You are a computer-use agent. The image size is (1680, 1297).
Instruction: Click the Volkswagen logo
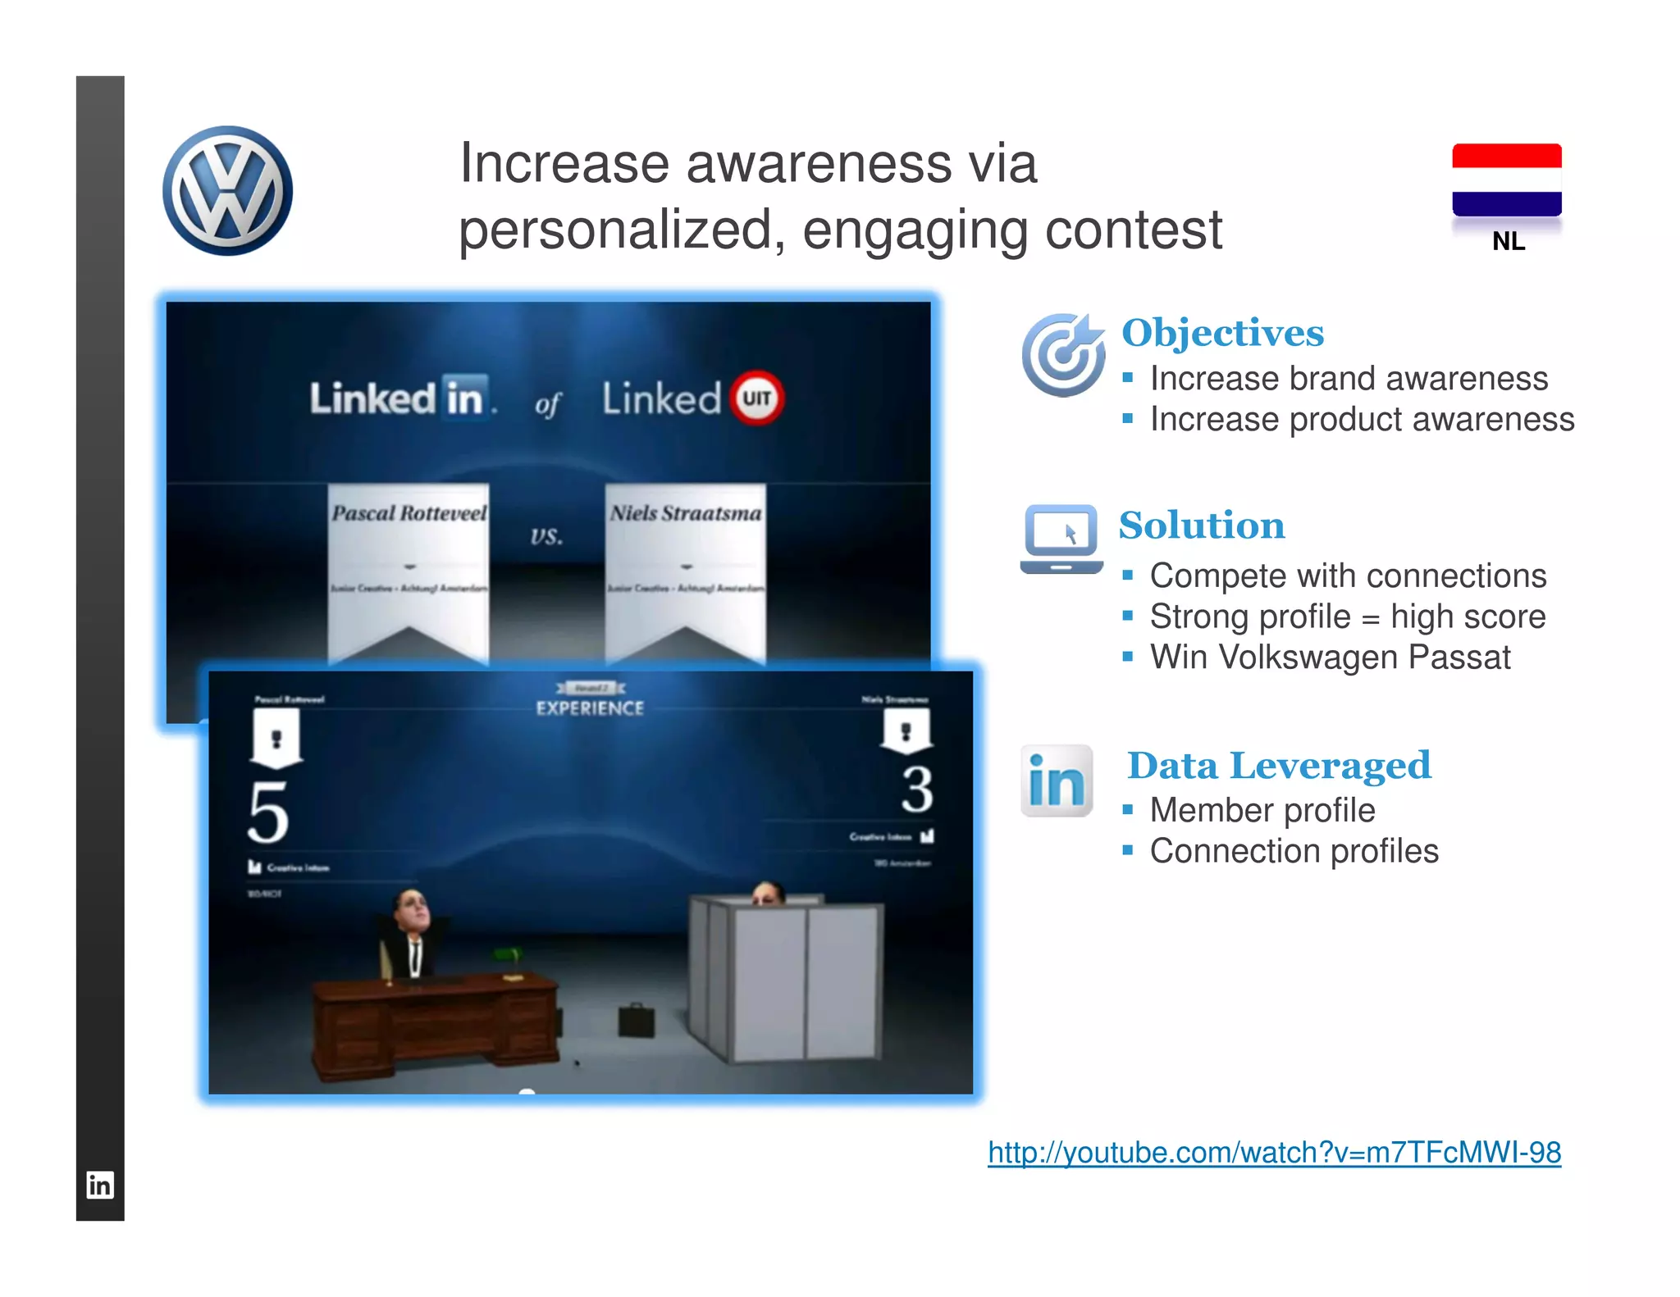pos(227,190)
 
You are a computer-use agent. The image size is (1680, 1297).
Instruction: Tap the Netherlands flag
pos(1506,180)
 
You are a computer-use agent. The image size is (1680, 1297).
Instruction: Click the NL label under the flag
pos(1508,241)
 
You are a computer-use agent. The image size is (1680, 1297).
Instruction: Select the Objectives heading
pos(1222,333)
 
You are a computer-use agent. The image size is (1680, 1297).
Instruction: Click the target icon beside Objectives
pos(1062,354)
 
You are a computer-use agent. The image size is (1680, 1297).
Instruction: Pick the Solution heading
pos(1202,526)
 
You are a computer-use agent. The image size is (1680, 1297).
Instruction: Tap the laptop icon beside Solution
pos(1061,539)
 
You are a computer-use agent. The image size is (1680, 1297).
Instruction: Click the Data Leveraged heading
pos(1278,766)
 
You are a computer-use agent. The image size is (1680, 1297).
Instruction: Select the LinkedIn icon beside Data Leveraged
pos(1057,780)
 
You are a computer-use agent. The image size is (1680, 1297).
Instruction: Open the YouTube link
pos(1274,1153)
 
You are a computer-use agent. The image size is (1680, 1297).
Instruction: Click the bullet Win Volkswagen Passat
pos(1329,658)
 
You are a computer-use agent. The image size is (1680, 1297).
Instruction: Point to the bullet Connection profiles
pos(1294,851)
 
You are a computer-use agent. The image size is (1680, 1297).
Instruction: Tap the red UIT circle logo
pos(756,398)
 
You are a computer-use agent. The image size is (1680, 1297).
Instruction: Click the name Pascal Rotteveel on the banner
pos(409,514)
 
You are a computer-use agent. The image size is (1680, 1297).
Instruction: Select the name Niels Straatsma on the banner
pos(686,514)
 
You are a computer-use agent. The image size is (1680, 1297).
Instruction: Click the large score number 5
pos(268,812)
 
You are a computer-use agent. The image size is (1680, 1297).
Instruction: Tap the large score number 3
pos(917,790)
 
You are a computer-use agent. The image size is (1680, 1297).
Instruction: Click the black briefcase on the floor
pos(636,1019)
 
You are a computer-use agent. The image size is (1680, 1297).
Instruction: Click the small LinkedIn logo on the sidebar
pos(100,1185)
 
